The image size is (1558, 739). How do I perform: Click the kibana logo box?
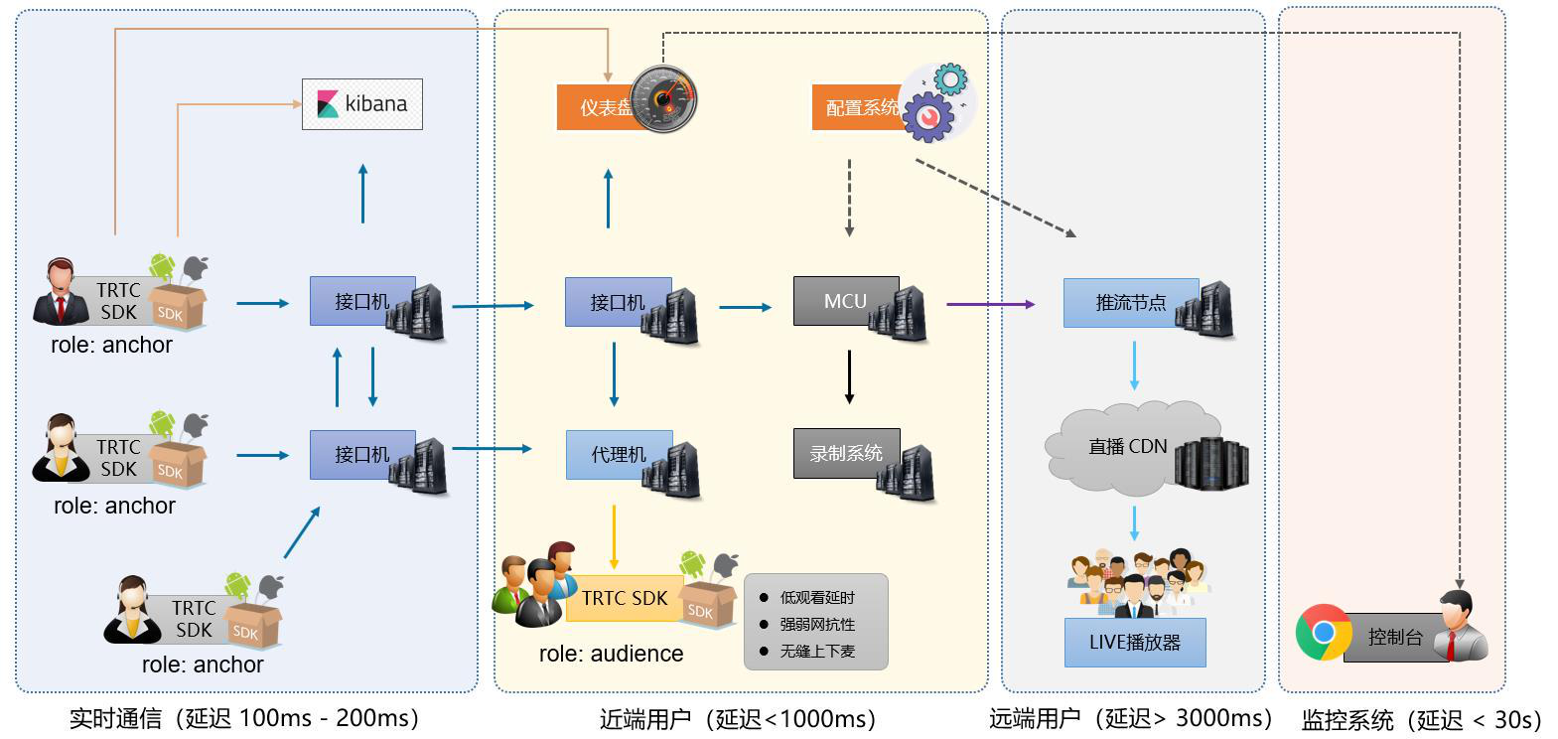click(x=362, y=104)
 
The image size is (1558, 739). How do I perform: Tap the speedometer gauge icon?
click(x=663, y=98)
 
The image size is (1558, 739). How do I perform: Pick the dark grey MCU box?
click(x=845, y=301)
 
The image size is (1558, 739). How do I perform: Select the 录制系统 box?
click(x=845, y=453)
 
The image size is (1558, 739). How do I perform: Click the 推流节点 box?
click(x=1130, y=303)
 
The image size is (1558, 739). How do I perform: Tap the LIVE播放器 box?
click(x=1135, y=643)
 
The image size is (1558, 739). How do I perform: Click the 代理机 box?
click(x=618, y=455)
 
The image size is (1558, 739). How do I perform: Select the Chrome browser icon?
click(x=1323, y=632)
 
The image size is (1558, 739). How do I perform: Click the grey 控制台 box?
click(x=1394, y=638)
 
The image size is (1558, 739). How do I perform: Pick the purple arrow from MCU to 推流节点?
click(x=989, y=304)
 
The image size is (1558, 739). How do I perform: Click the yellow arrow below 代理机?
click(x=615, y=536)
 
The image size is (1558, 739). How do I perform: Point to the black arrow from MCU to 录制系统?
click(x=849, y=376)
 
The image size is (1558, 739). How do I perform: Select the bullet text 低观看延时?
click(x=817, y=598)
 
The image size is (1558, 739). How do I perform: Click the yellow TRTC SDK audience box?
click(x=625, y=598)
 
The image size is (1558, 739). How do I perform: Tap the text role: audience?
click(x=611, y=654)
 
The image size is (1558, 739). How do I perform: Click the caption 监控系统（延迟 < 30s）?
click(x=1421, y=720)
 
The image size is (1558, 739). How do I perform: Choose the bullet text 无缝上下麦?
click(x=817, y=652)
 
